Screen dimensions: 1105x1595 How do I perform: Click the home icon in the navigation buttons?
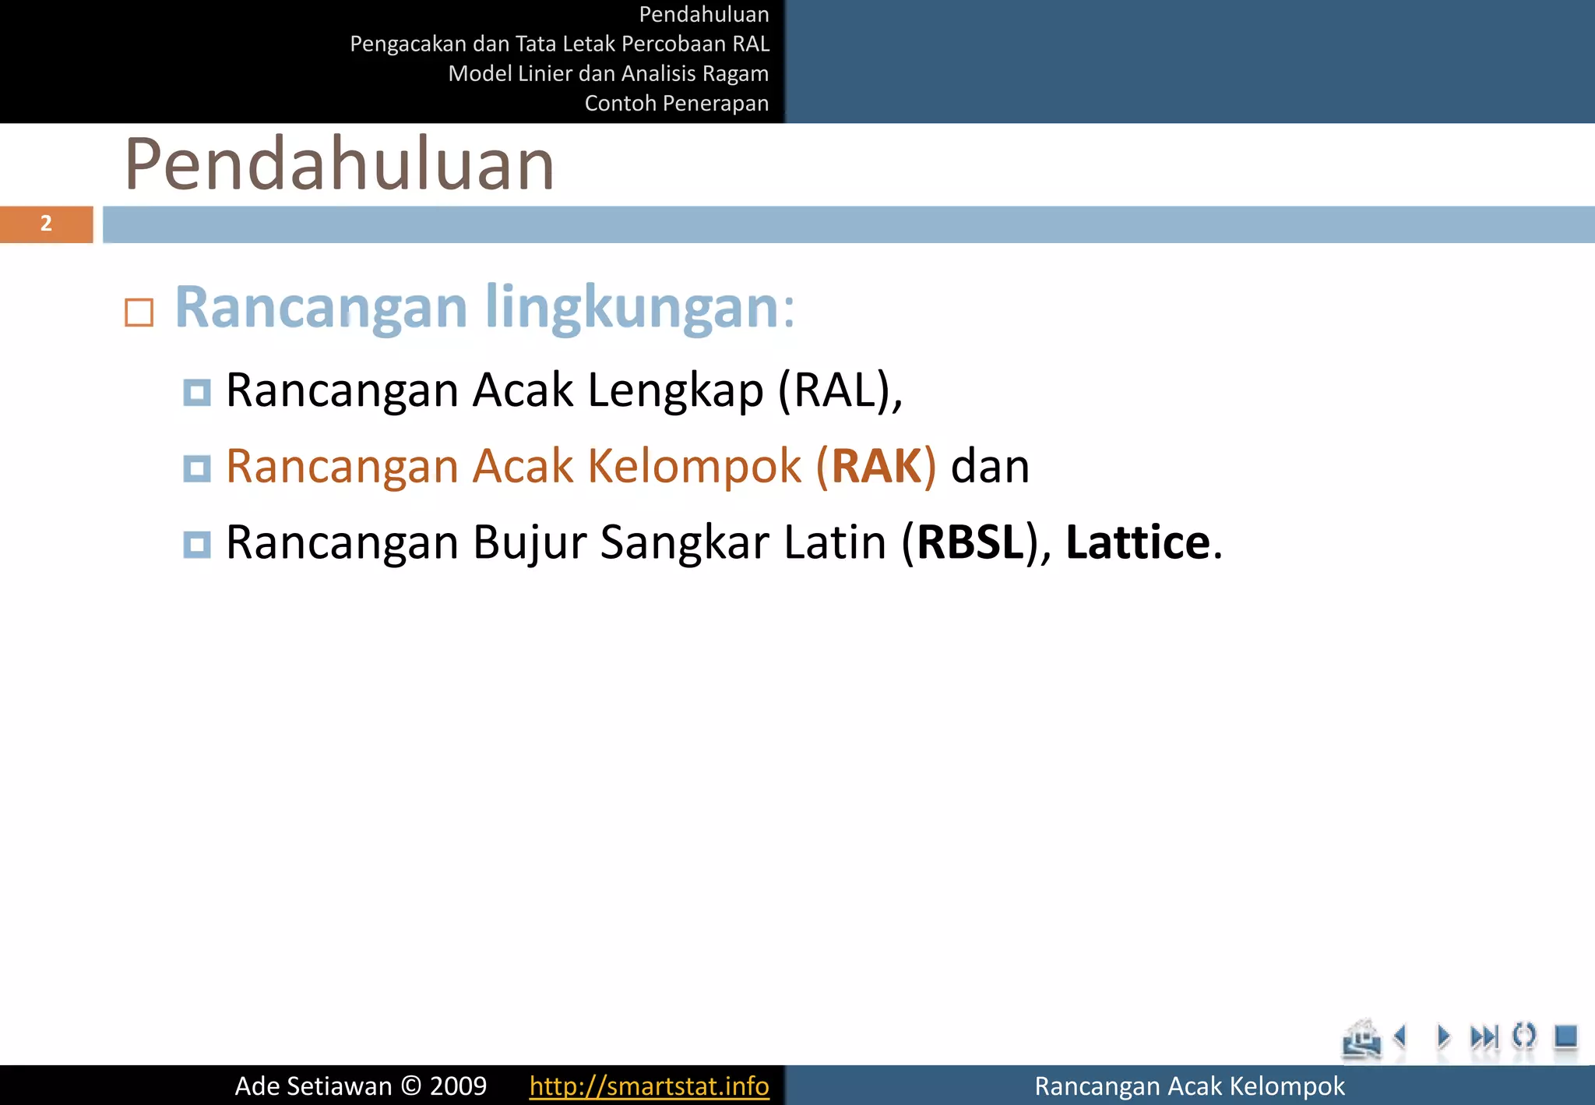(x=1361, y=1039)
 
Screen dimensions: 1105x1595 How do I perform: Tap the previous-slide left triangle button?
(x=1400, y=1036)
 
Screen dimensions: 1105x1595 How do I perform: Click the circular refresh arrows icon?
(x=1523, y=1036)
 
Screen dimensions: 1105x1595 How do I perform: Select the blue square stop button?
(x=1565, y=1036)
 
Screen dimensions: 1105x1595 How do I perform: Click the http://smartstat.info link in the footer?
(x=649, y=1086)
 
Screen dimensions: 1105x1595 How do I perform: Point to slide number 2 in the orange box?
(x=46, y=224)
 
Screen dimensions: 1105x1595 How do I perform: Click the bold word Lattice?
(x=1137, y=542)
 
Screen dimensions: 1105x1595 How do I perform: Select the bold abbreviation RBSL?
(x=970, y=542)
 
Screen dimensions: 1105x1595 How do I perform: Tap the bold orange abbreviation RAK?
(x=876, y=466)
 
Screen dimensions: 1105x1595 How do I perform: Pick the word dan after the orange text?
(x=990, y=466)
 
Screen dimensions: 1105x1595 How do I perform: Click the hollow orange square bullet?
(x=139, y=312)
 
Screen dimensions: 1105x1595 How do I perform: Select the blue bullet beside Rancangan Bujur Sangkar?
(x=197, y=544)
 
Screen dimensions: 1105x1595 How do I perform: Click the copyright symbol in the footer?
(x=410, y=1086)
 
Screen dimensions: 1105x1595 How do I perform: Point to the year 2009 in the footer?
(x=458, y=1086)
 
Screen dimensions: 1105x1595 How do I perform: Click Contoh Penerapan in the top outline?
(x=676, y=103)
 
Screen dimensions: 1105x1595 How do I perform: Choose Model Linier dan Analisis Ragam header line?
(x=608, y=73)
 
